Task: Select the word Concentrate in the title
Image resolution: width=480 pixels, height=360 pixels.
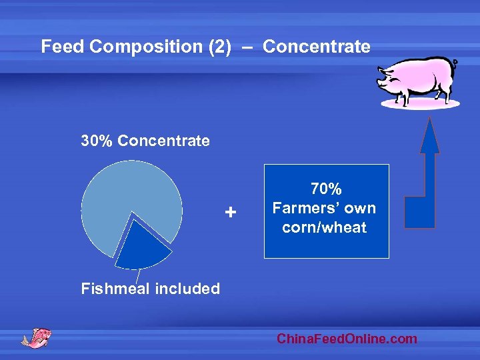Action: [316, 47]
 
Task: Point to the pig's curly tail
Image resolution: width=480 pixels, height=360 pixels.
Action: [455, 63]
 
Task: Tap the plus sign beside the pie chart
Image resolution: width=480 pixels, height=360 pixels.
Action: [230, 213]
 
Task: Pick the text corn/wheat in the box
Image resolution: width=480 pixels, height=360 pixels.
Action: [325, 227]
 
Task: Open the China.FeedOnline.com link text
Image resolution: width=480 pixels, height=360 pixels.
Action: [347, 339]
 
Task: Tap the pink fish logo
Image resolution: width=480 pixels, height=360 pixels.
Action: [37, 337]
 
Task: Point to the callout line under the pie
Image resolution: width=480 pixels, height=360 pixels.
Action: [138, 275]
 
